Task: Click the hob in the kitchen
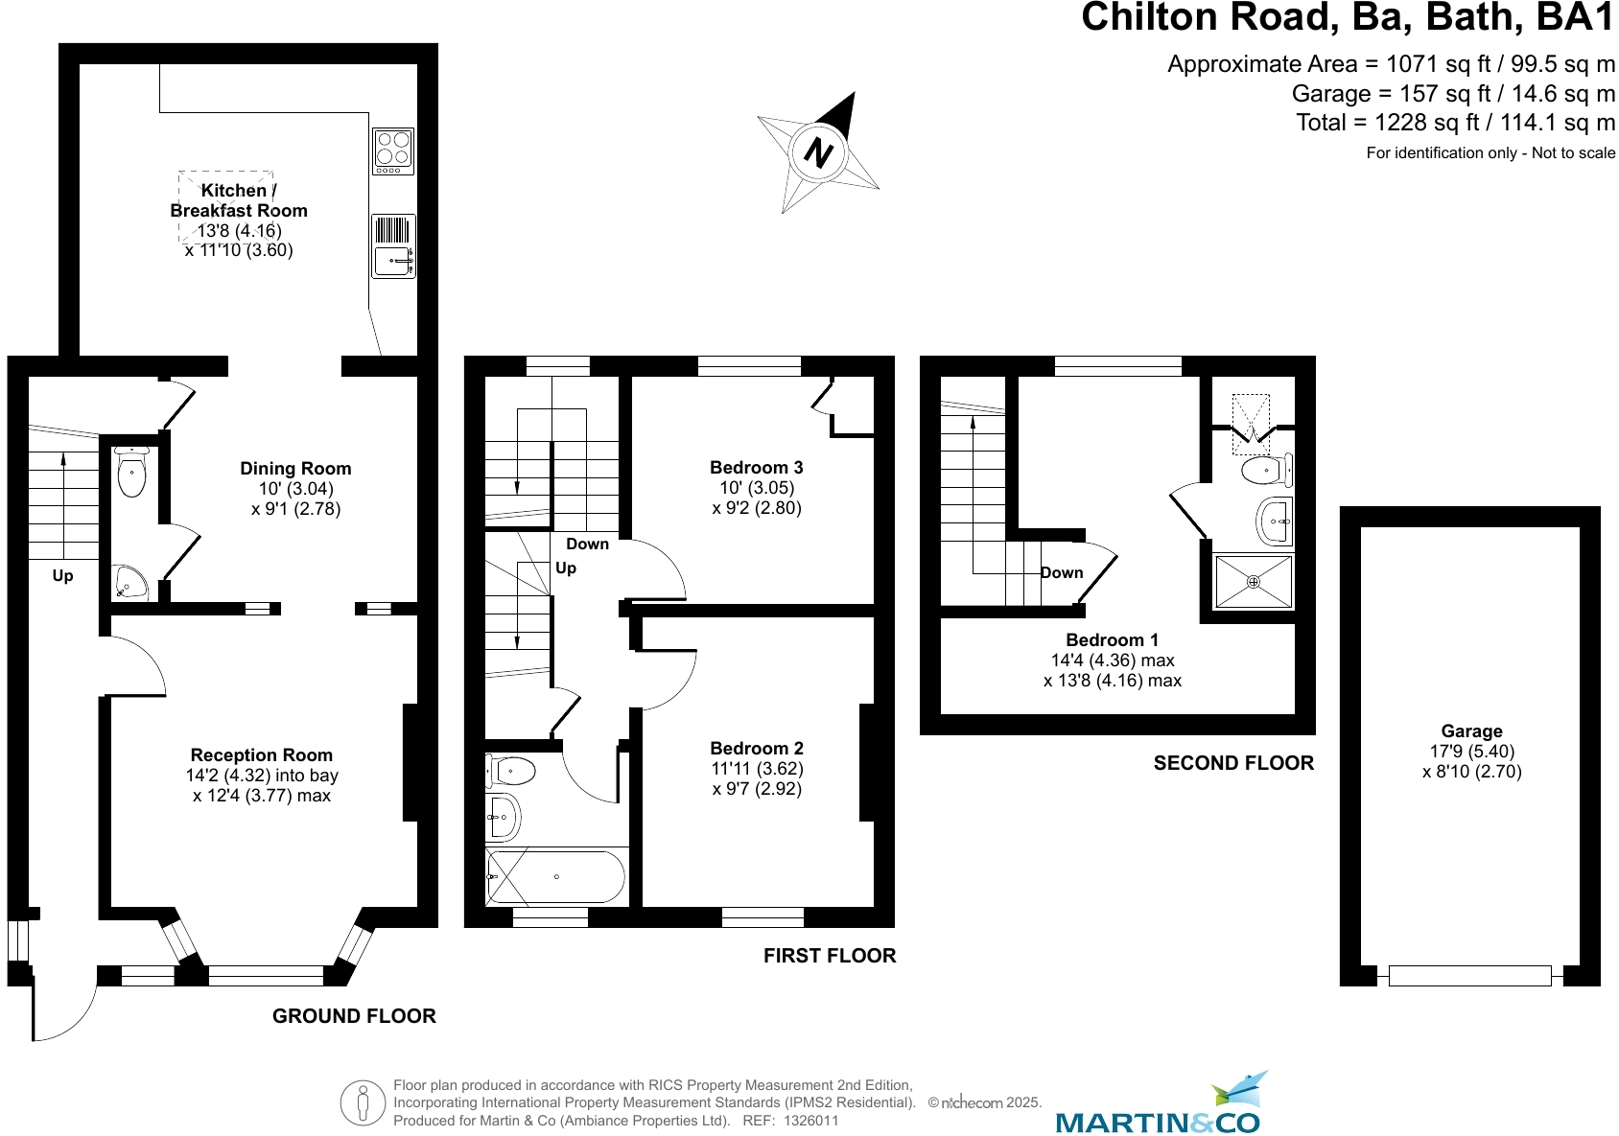click(x=393, y=151)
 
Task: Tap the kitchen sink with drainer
click(x=393, y=246)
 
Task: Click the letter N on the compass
click(x=818, y=152)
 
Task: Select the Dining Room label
click(x=295, y=469)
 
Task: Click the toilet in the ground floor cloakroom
click(x=131, y=471)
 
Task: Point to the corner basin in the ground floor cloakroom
click(x=129, y=582)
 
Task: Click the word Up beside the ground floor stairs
click(x=62, y=575)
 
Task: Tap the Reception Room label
click(x=261, y=755)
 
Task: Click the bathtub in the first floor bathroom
click(x=555, y=876)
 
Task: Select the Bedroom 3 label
click(x=756, y=468)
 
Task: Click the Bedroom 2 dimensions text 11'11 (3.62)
click(x=757, y=769)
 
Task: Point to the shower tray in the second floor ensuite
click(x=1254, y=581)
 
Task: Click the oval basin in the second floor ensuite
click(x=1274, y=521)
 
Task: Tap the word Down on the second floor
click(x=1062, y=573)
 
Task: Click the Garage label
click(x=1471, y=731)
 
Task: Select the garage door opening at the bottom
click(x=1469, y=976)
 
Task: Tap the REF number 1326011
click(x=811, y=1121)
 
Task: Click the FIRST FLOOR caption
click(x=830, y=956)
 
